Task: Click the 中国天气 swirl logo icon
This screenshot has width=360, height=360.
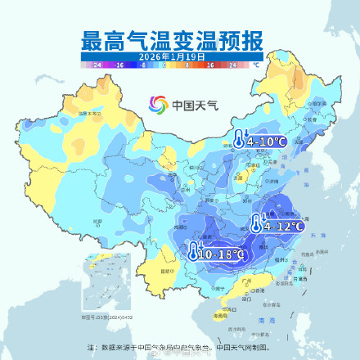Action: pos(155,105)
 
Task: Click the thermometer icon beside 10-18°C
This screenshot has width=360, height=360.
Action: pos(193,253)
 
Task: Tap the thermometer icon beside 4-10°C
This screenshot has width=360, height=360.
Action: pos(238,140)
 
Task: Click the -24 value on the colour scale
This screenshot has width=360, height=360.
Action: pos(97,63)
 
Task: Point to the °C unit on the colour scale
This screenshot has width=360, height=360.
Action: pos(255,63)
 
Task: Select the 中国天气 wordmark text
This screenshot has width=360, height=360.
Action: pos(190,105)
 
